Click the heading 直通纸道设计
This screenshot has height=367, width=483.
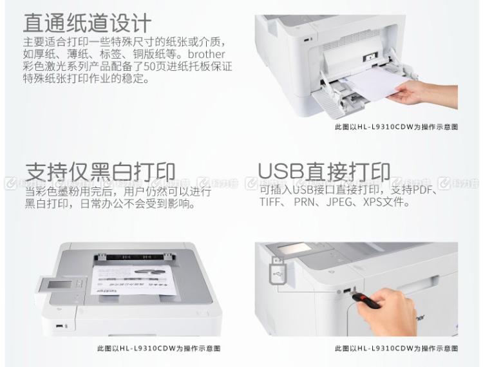(88, 23)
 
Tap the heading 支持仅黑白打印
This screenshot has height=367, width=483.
(100, 172)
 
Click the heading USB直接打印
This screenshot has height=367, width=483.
(324, 172)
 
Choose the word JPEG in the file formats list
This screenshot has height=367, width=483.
(340, 202)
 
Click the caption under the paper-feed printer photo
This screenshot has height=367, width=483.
(396, 127)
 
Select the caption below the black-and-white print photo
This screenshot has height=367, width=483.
(158, 348)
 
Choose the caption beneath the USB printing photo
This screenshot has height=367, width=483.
(396, 348)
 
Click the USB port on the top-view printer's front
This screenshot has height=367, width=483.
(60, 326)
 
